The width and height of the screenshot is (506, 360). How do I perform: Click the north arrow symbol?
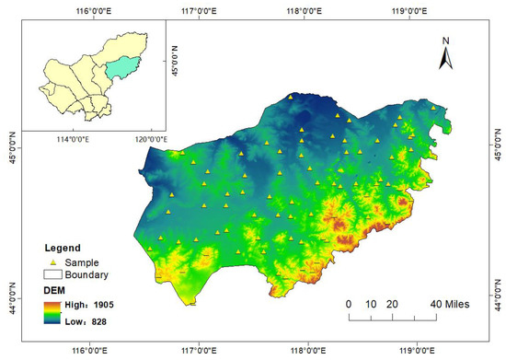pyautogui.click(x=444, y=59)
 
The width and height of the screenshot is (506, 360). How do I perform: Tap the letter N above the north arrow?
pyautogui.click(x=444, y=41)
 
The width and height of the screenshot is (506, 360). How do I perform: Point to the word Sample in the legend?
pyautogui.click(x=80, y=261)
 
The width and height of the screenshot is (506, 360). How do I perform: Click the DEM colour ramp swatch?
pyautogui.click(x=53, y=310)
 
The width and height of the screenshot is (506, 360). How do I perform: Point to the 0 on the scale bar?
pyautogui.click(x=349, y=304)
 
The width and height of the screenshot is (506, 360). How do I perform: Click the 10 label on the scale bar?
pyautogui.click(x=371, y=304)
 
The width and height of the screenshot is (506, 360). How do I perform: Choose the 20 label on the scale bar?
pyautogui.click(x=392, y=304)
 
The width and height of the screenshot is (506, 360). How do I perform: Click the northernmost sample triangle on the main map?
pyautogui.click(x=291, y=96)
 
